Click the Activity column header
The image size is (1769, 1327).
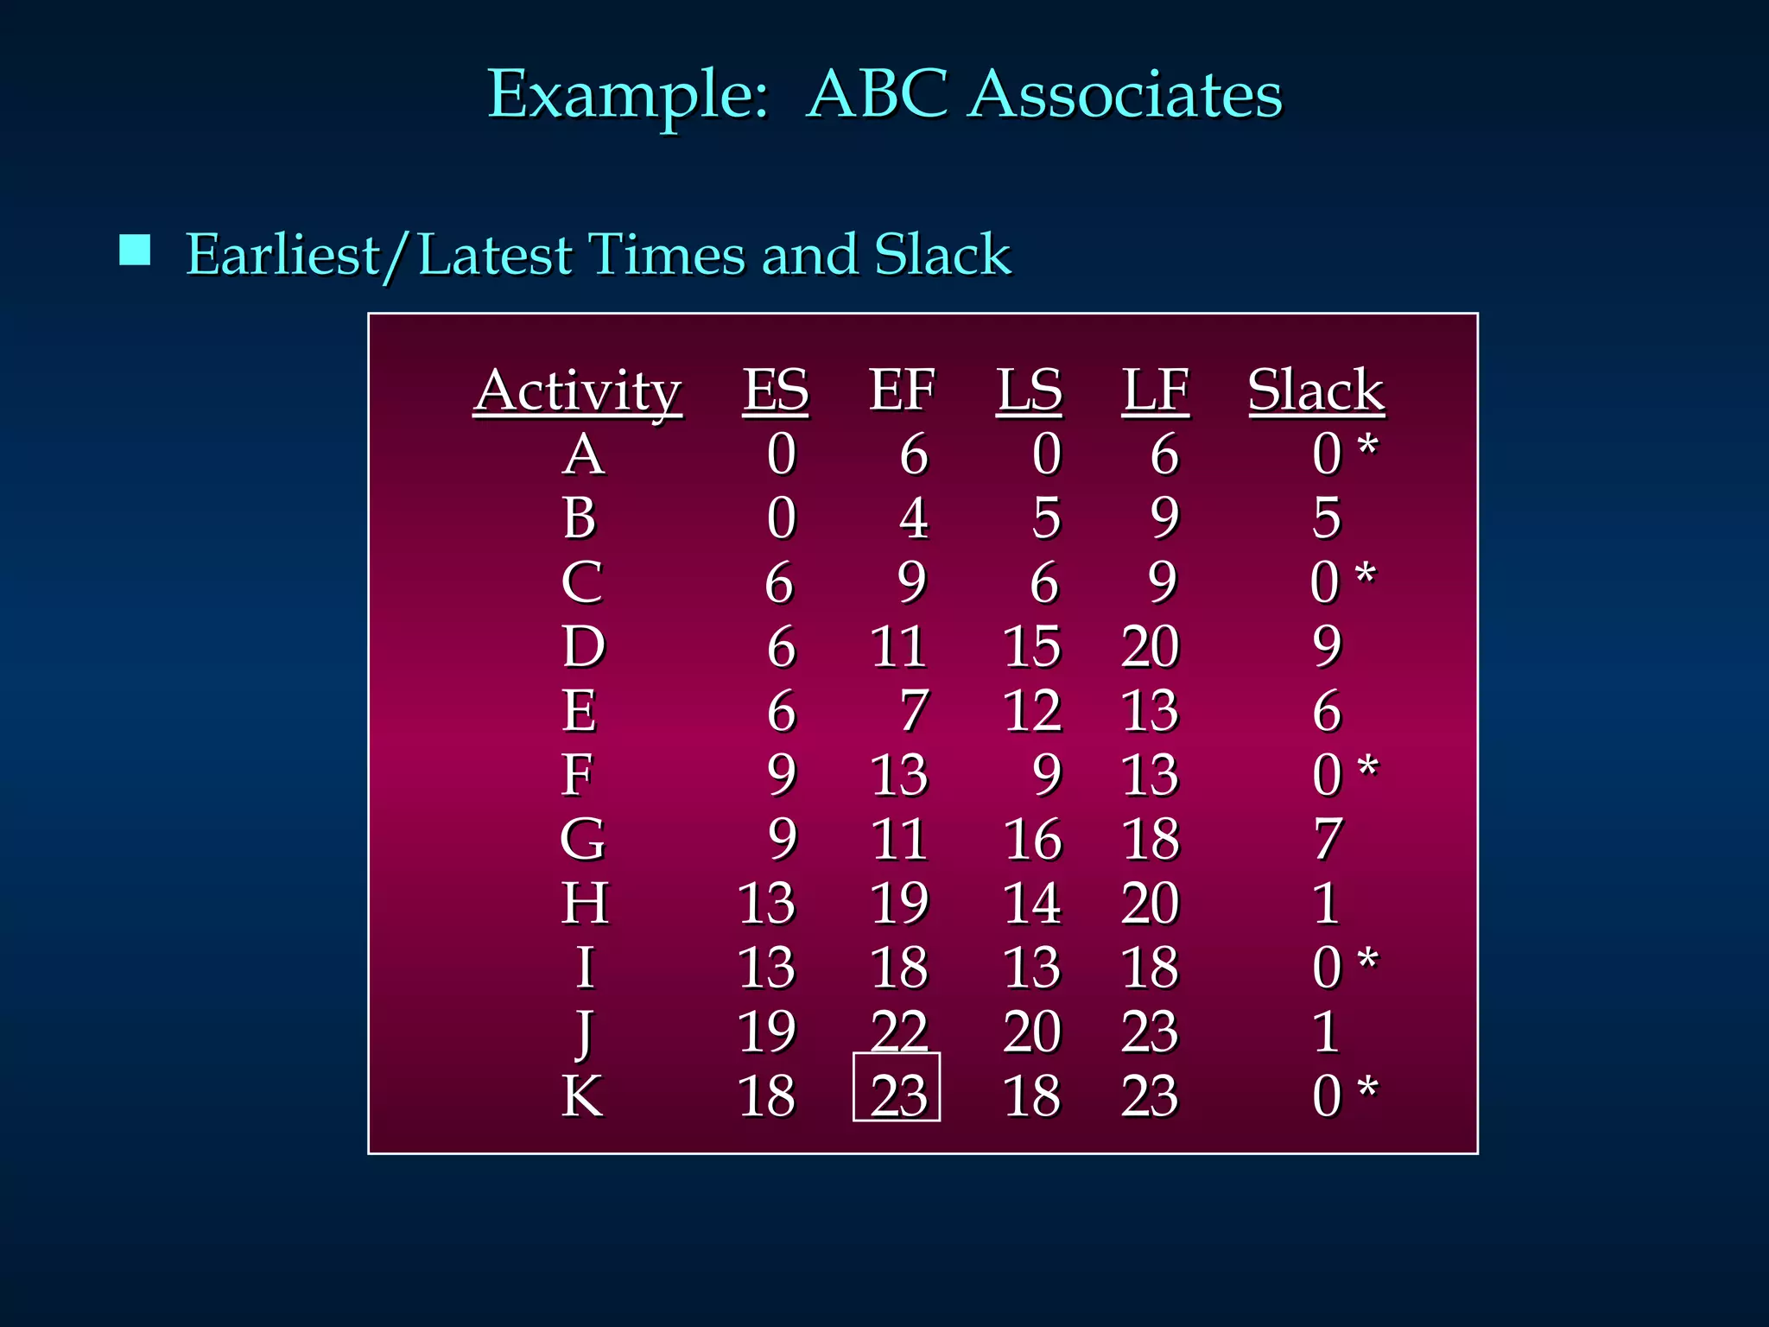pos(577,390)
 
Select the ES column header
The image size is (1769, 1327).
pos(776,390)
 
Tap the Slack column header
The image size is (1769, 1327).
pos(1316,390)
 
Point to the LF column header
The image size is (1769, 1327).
pos(1156,390)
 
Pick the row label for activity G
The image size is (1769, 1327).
pos(583,839)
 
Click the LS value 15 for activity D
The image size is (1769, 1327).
pos(1032,646)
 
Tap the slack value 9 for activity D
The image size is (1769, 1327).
pos(1327,646)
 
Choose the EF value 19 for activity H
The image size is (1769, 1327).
pos(899,903)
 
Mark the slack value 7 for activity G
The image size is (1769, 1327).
pos(1328,839)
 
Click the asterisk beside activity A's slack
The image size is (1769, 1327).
pos(1367,447)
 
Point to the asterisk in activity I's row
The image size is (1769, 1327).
pos(1367,959)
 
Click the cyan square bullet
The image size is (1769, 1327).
pos(135,250)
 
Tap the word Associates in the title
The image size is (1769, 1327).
pos(1125,94)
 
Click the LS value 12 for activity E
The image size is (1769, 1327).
pos(1032,711)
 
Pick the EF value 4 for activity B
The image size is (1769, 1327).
pos(913,518)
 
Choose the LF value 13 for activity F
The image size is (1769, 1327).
pos(1150,775)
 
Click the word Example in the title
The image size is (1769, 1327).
pos(628,96)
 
